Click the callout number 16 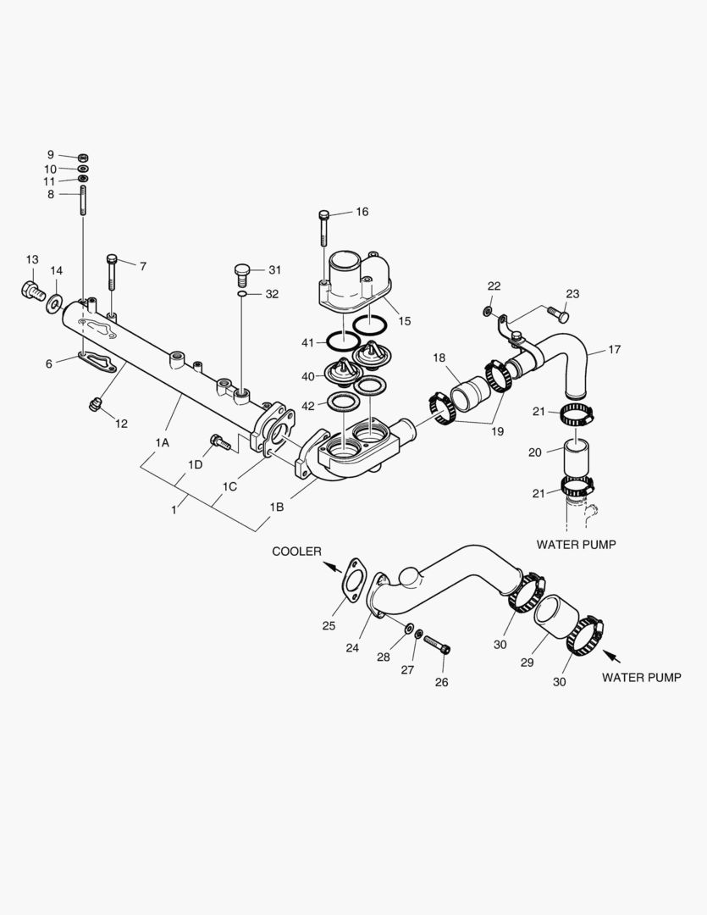[362, 212]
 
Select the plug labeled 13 [32, 291]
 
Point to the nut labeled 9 [83, 157]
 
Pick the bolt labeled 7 [112, 271]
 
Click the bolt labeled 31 [241, 274]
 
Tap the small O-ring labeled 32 [242, 295]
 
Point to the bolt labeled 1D [220, 441]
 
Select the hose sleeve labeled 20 [576, 458]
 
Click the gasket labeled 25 [356, 585]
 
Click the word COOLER [296, 552]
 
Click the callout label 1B [277, 507]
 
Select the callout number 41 [307, 342]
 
